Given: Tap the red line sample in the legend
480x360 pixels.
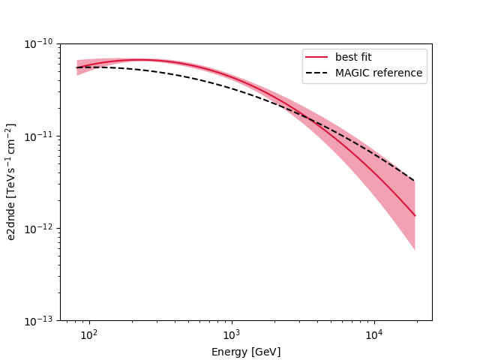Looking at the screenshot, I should [317, 57].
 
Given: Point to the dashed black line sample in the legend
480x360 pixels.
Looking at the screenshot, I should [317, 73].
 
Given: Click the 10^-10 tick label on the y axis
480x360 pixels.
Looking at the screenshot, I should [38, 44].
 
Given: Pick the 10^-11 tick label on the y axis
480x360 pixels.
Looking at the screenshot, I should [38, 136].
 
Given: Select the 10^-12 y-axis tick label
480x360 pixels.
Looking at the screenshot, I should [38, 229].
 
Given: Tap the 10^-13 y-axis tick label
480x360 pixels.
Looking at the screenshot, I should [38, 321].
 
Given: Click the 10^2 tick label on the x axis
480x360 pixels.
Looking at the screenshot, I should [89, 334].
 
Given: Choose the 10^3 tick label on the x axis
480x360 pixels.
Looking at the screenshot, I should [231, 334].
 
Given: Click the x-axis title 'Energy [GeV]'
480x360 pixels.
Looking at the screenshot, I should [246, 352].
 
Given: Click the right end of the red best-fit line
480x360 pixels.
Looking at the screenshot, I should [415, 216].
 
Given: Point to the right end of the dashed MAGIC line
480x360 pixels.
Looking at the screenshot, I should [415, 181].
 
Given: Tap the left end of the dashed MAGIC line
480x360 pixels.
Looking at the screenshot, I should [76, 67].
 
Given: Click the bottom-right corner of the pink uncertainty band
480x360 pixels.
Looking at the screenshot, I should [415, 250].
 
